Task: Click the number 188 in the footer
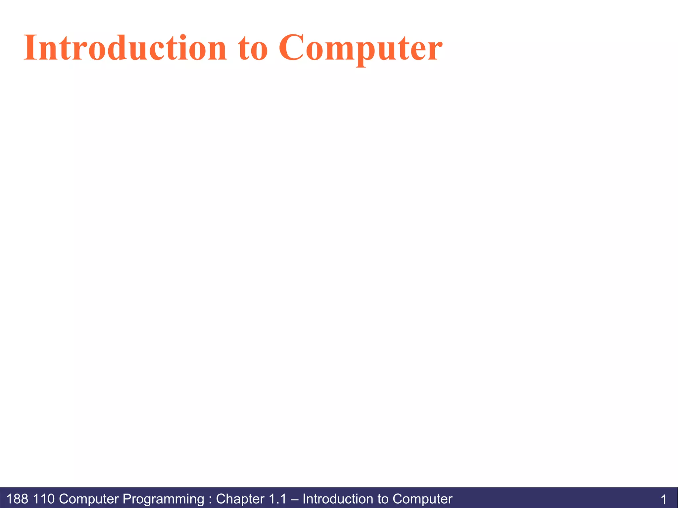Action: tap(17, 499)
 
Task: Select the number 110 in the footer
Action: tap(44, 499)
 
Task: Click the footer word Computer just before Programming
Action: tap(89, 499)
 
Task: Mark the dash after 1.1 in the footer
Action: tap(294, 499)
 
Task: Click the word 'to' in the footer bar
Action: tap(383, 499)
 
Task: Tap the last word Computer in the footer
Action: tap(422, 499)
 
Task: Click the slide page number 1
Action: tap(663, 499)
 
